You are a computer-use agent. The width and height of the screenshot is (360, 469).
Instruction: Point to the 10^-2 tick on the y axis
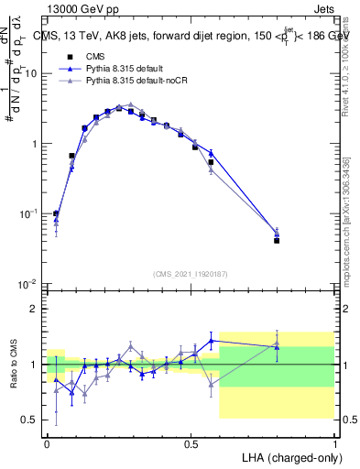(x=27, y=284)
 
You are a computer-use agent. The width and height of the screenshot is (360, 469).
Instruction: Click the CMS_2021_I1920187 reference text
(x=191, y=273)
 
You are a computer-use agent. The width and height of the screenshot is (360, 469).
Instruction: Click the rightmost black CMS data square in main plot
(x=277, y=241)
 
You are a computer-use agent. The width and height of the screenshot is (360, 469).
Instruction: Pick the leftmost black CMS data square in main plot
(x=56, y=213)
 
